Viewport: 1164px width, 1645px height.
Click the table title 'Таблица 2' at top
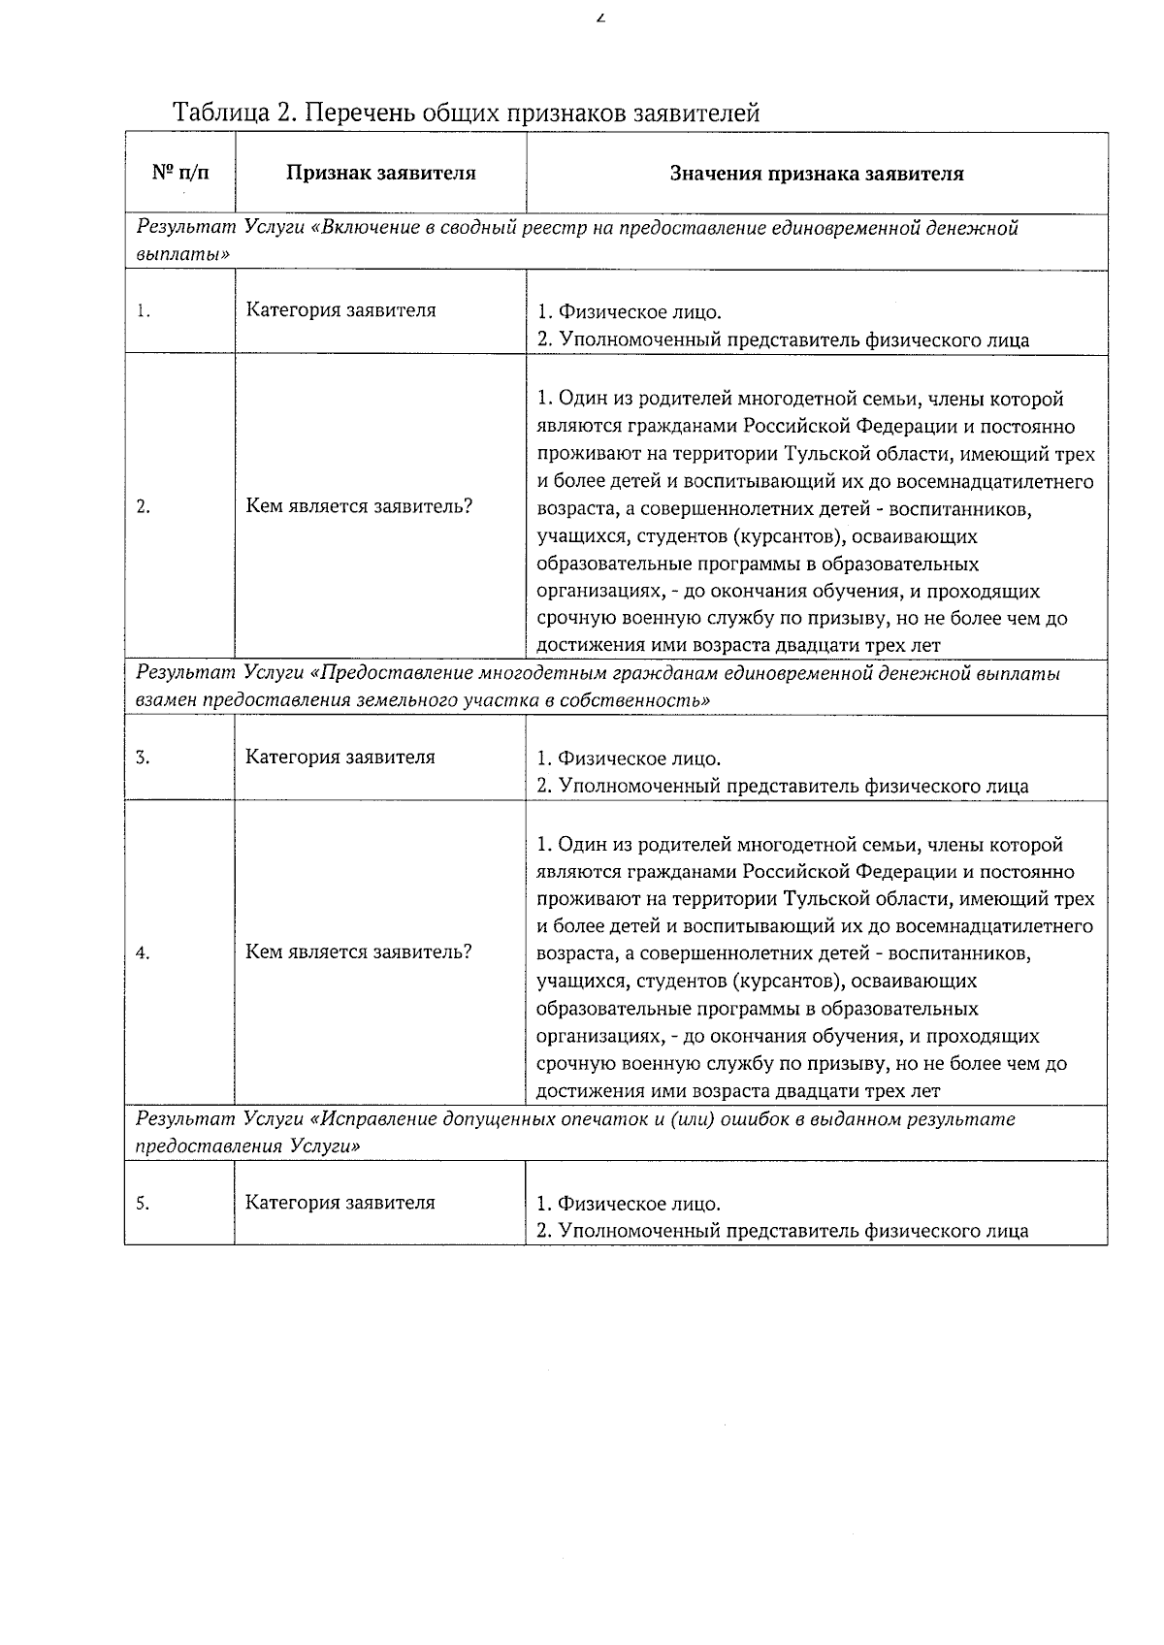(231, 113)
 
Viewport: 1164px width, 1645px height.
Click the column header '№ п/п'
(180, 173)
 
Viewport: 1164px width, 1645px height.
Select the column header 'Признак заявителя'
(380, 174)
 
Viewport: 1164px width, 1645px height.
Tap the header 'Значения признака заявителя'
(817, 174)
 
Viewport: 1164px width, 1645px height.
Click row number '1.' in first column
(144, 311)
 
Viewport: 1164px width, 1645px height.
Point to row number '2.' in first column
(144, 506)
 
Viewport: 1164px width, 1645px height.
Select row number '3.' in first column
(144, 758)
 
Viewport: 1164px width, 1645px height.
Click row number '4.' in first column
(144, 952)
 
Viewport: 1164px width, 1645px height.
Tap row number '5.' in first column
(144, 1204)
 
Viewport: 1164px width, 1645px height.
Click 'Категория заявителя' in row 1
(340, 310)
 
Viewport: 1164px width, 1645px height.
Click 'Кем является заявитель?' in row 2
(359, 506)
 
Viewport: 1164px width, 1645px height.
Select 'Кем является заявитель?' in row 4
(358, 952)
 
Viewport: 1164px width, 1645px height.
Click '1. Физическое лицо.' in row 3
(629, 758)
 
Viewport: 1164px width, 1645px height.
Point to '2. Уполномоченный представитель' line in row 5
(782, 1232)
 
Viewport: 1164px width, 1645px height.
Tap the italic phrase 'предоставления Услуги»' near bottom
(249, 1145)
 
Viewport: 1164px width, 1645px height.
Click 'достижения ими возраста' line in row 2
(738, 645)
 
